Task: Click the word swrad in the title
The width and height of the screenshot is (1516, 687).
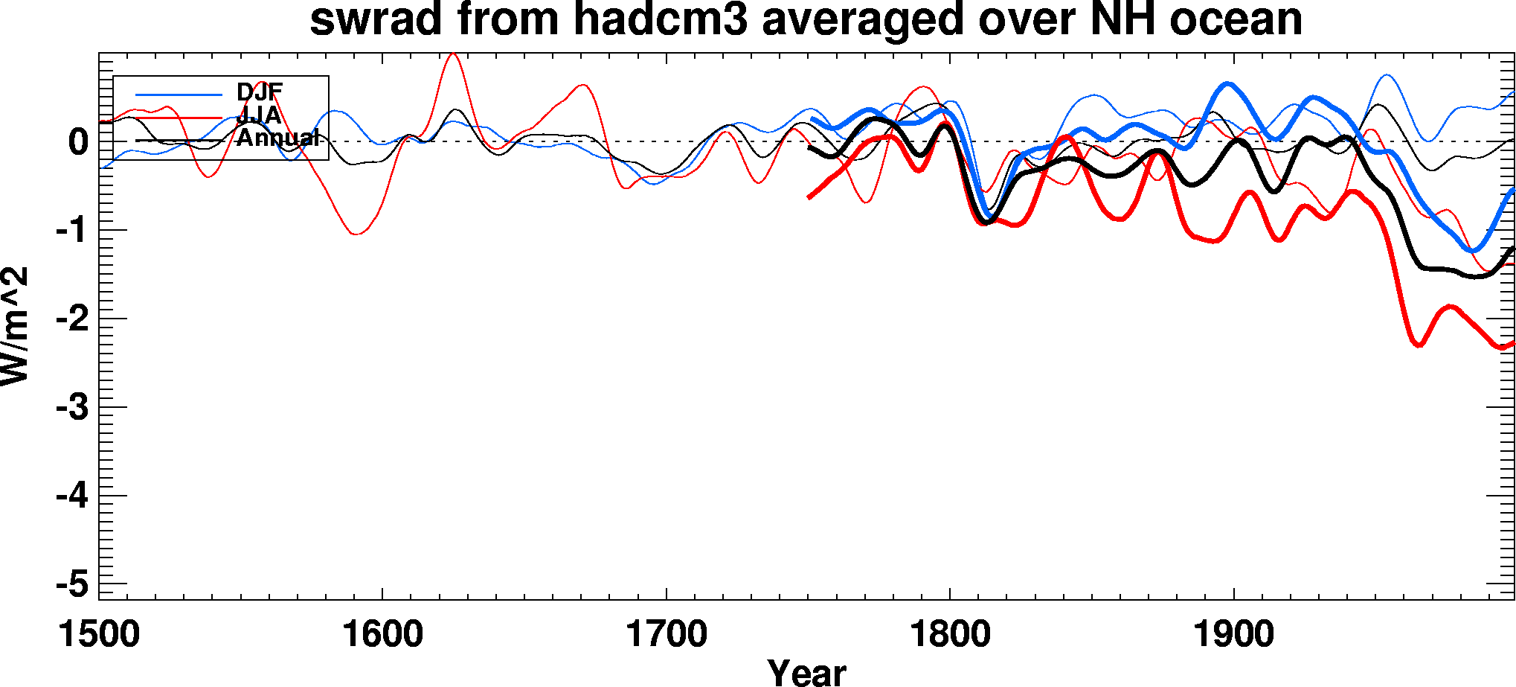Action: pos(376,19)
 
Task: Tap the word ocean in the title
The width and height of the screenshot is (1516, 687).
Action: pos(1236,19)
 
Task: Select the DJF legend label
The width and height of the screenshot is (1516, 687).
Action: pos(260,92)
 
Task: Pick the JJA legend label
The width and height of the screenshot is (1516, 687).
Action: pos(259,115)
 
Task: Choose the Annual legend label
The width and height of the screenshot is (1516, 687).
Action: pos(277,138)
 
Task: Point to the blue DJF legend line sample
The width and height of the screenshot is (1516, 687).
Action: pos(179,95)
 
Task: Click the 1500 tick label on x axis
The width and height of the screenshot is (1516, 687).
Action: pos(99,635)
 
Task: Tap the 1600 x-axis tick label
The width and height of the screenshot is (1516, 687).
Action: pos(382,635)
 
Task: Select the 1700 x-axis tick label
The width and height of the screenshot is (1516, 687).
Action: pos(667,635)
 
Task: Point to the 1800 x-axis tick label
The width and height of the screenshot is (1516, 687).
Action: pos(950,635)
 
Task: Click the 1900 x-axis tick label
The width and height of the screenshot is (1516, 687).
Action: pos(1234,635)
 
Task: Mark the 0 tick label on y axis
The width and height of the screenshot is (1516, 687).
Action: pos(78,141)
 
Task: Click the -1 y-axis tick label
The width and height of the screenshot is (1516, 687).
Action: pos(72,230)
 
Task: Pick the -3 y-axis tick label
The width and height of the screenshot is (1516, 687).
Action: pos(72,407)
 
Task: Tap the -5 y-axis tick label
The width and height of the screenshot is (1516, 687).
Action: pos(72,584)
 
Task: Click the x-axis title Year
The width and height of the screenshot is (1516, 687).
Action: pos(806,672)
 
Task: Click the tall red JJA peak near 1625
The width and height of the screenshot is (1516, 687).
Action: pos(453,54)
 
